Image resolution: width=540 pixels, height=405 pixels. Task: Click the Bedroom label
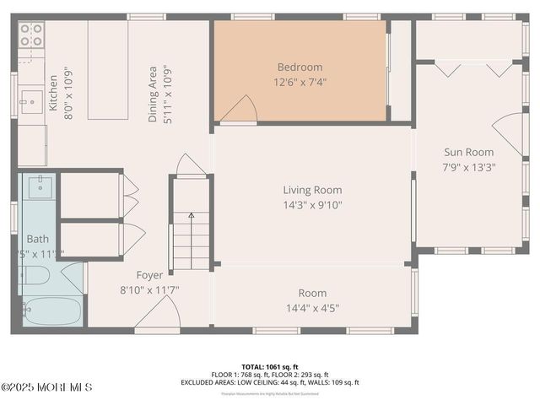tap(300, 67)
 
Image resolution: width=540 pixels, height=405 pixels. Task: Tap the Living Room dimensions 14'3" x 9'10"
tap(312, 205)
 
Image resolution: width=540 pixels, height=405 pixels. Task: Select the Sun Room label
tap(469, 153)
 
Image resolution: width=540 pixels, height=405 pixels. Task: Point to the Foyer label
tap(150, 275)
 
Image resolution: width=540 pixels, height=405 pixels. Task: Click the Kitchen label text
tap(52, 92)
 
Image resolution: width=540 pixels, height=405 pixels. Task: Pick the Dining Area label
tap(153, 94)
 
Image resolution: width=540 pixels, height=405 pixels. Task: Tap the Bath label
tap(38, 239)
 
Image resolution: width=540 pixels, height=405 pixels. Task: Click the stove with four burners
tap(31, 35)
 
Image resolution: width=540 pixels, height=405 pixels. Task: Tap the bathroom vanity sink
tap(39, 186)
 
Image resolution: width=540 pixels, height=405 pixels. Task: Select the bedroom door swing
tap(241, 109)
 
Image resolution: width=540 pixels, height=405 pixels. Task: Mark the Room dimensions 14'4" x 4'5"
tap(312, 308)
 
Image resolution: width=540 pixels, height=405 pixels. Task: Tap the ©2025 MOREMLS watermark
tap(46, 387)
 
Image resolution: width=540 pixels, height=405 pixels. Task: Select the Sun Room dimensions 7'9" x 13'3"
tap(469, 166)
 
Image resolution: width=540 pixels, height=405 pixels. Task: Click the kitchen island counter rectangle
tap(108, 70)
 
